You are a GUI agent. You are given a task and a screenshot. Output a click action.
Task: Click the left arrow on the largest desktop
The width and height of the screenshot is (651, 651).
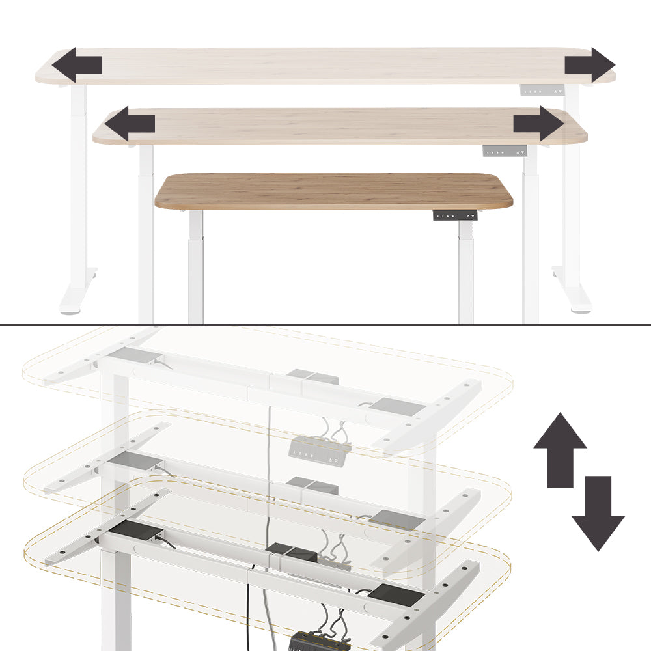coord(77,65)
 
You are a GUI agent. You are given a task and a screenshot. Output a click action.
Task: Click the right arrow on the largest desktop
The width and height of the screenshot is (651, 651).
coord(590,65)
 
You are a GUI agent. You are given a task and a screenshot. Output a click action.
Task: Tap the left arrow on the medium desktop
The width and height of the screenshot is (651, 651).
coord(130,124)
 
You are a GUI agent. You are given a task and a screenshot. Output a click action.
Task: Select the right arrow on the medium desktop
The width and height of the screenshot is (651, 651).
coord(538,124)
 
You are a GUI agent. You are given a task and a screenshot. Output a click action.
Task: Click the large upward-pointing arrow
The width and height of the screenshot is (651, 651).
coord(560,449)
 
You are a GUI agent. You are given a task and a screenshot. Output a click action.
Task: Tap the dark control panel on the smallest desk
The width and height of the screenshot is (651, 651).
coord(455,215)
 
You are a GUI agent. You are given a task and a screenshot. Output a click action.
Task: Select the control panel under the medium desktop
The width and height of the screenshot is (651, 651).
coord(504,151)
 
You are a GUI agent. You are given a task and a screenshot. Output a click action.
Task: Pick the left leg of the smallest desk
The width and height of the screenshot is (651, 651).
coord(196,267)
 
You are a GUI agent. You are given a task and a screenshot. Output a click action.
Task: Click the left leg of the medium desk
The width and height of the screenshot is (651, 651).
coord(146,234)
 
